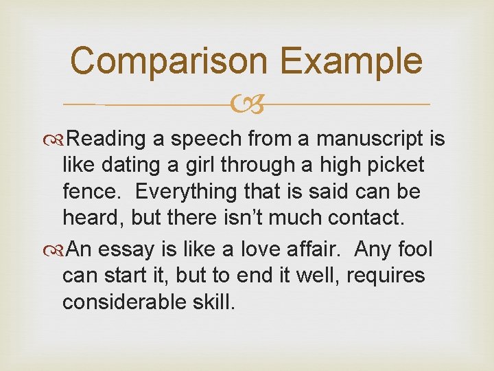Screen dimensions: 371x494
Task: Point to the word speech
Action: coord(205,139)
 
